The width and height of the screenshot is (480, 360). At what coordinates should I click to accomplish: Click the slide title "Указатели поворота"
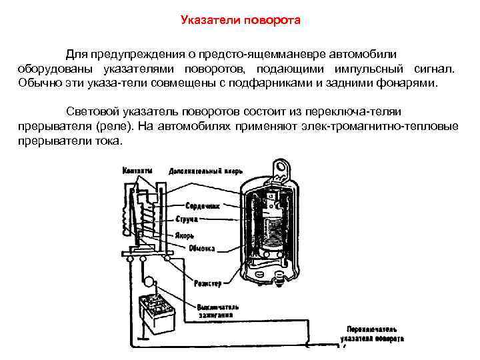(241, 20)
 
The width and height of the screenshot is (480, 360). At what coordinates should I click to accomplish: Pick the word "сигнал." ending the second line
(437, 69)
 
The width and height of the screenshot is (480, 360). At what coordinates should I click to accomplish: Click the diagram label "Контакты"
(136, 171)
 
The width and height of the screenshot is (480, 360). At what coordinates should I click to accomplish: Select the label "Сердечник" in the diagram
(203, 206)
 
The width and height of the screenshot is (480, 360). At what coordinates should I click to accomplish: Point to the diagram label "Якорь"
(185, 235)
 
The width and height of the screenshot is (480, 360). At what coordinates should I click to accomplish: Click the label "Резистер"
(208, 283)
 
